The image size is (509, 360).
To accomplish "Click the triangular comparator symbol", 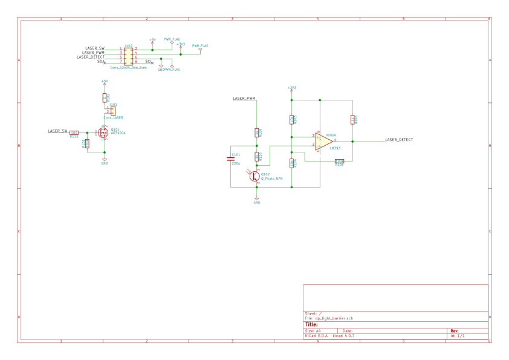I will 323,141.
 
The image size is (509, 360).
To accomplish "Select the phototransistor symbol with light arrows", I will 255,176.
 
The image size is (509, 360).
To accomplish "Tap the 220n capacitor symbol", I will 230,159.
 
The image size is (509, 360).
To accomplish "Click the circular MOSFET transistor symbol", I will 103,132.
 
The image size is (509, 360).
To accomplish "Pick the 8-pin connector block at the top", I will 128,56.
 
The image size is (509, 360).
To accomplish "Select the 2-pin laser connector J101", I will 112,111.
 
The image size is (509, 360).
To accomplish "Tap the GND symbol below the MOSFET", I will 104,161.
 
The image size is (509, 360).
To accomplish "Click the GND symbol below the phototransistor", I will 256,200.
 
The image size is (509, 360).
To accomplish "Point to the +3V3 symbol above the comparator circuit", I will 291,89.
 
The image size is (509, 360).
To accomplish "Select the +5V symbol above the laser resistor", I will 104,82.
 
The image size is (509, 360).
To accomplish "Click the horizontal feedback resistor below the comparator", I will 339,162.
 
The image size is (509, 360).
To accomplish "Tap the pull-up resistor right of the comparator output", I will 352,120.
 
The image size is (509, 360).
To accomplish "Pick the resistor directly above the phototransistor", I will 257,156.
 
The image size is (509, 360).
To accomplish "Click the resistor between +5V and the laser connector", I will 105,97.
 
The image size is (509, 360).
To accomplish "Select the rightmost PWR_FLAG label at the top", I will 200,46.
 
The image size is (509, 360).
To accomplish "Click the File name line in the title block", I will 329,318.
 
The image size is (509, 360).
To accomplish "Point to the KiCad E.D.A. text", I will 316,336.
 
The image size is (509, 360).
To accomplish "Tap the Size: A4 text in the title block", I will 313,331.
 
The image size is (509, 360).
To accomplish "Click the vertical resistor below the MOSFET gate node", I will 86,143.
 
